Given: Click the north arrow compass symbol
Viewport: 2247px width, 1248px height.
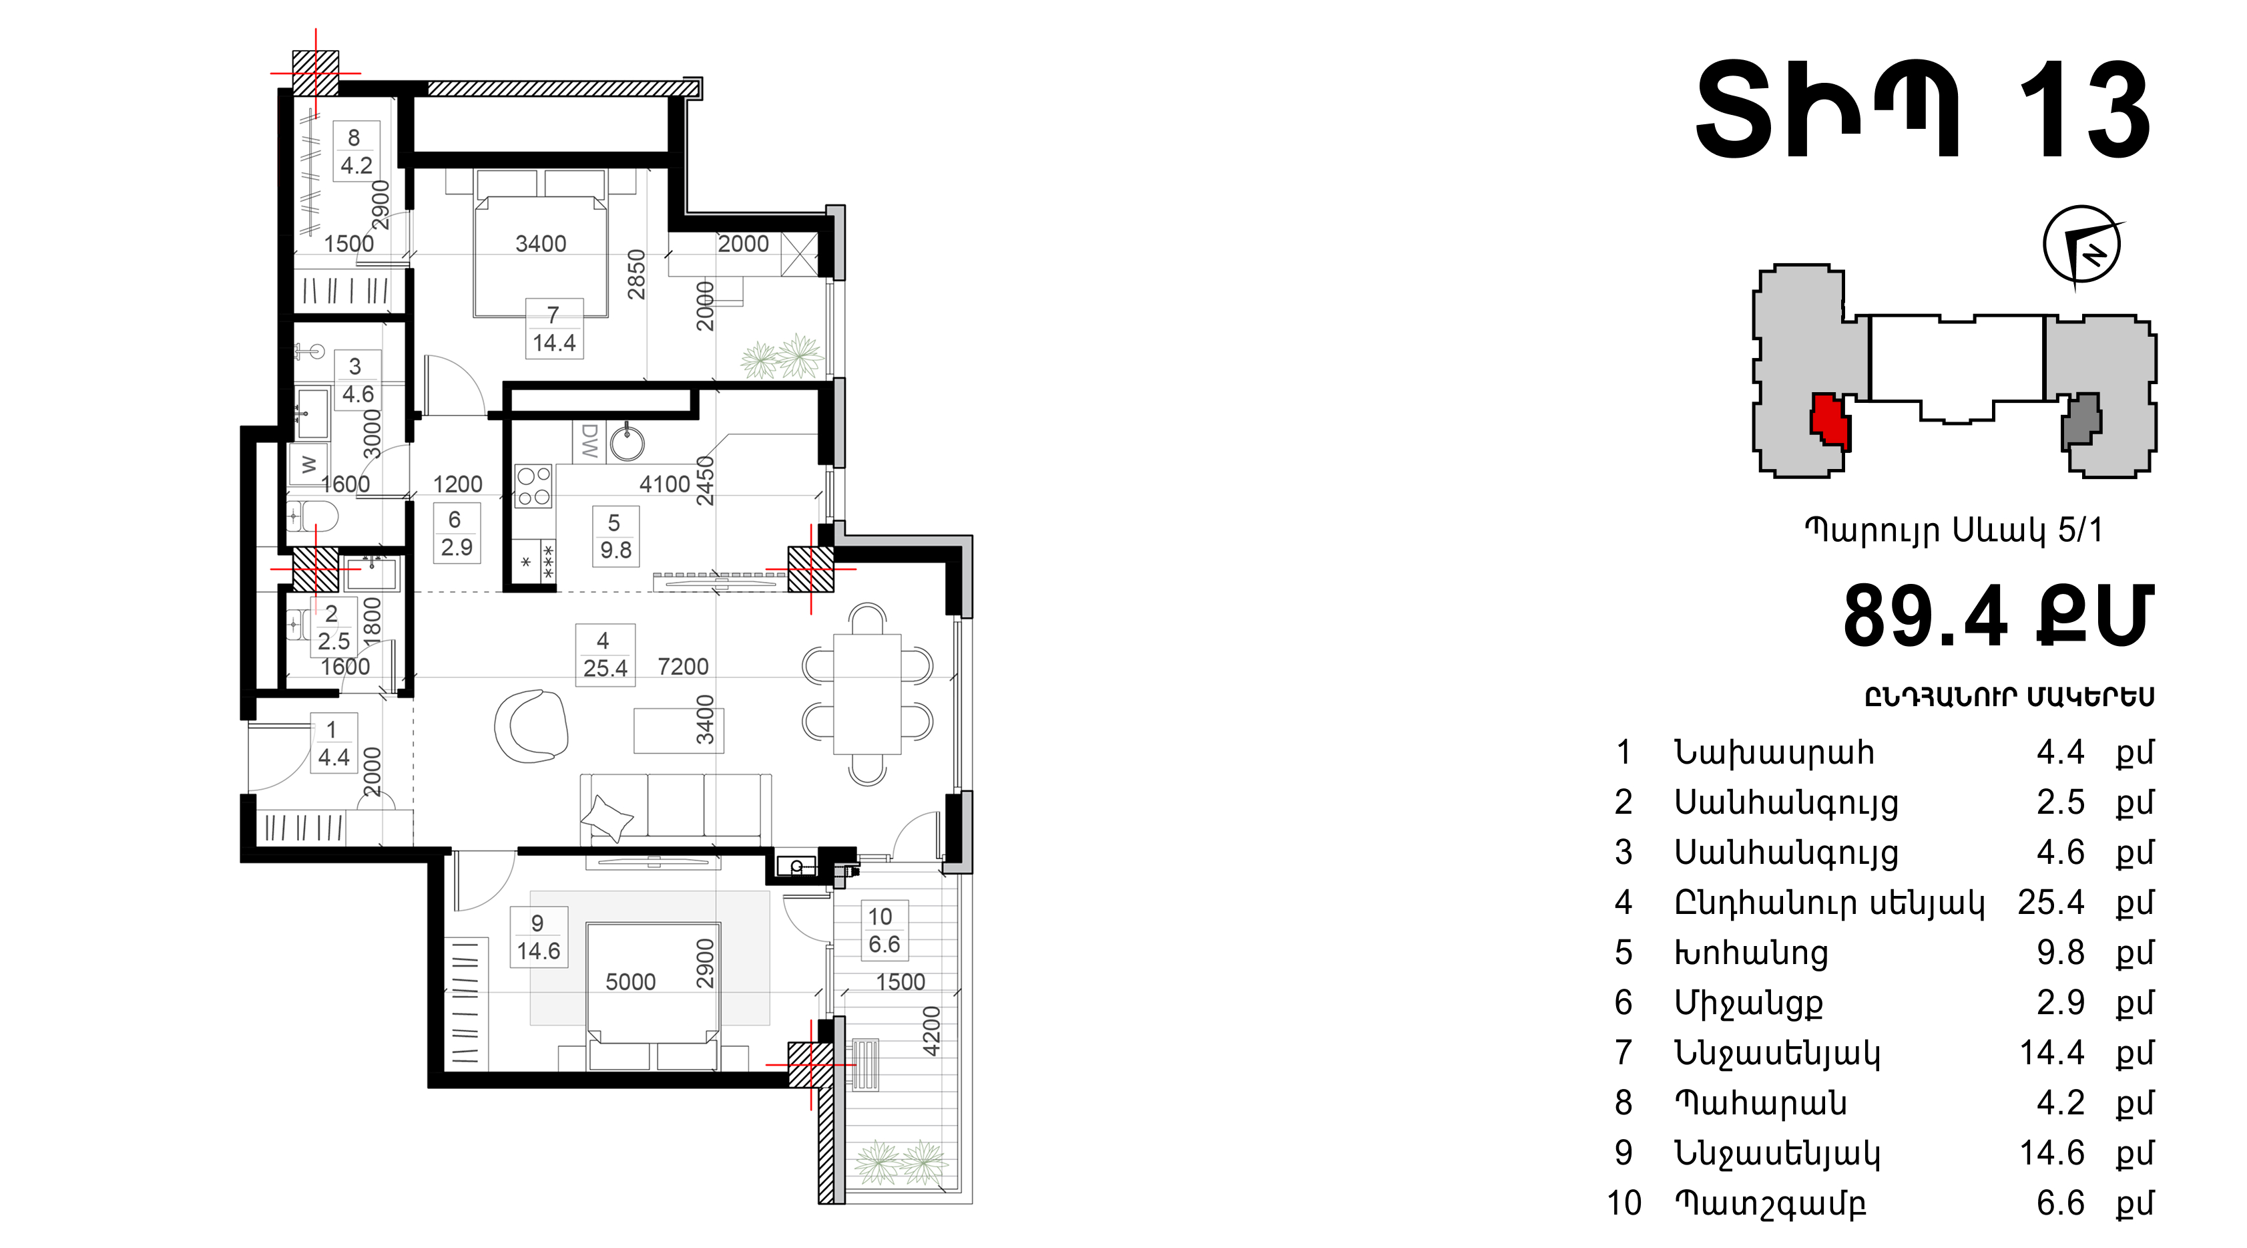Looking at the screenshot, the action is [x=2082, y=245].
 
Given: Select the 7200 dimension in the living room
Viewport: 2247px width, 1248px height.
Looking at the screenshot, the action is [x=683, y=667].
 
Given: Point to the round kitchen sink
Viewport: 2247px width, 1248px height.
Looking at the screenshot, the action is [x=628, y=442].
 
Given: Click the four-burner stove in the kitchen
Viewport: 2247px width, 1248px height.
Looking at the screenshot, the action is [x=533, y=486].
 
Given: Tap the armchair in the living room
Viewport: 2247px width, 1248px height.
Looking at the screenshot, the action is [x=530, y=726].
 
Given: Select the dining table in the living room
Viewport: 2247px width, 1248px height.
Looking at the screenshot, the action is [x=867, y=694].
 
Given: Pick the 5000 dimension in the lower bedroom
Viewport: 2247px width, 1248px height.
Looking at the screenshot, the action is [x=631, y=982].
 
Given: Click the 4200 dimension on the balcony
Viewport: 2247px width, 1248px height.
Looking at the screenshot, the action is [x=932, y=1031].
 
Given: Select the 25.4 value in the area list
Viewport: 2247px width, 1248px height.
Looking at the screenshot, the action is [x=2051, y=903].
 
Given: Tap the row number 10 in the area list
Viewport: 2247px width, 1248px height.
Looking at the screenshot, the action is [x=1624, y=1203].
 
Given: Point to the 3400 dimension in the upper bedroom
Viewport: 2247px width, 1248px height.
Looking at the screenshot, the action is [x=541, y=243].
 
